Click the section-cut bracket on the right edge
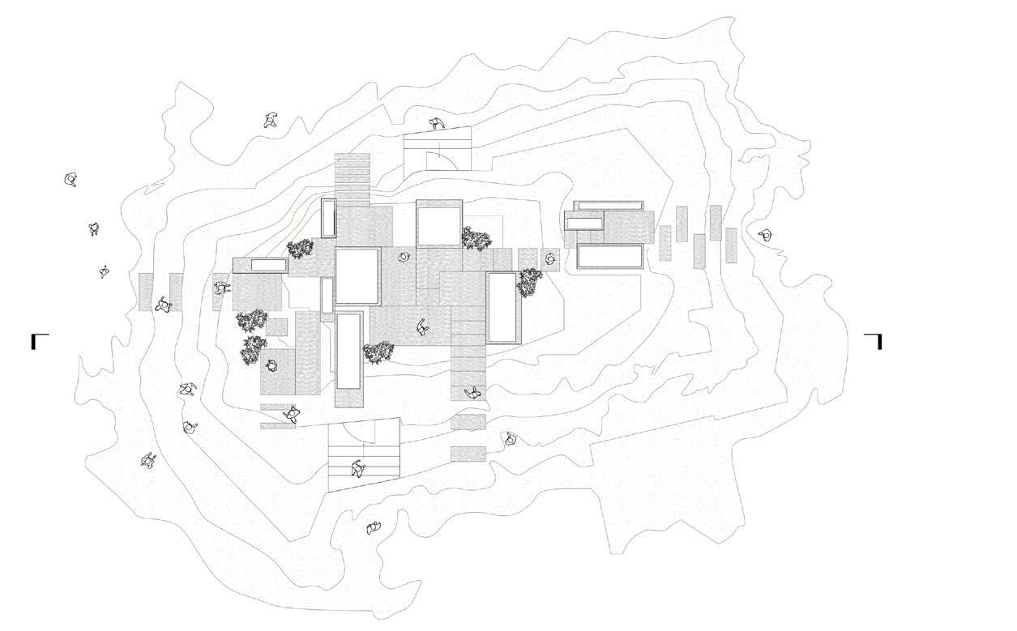point(874,340)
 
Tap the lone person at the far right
point(764,236)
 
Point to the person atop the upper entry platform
point(438,123)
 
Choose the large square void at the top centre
point(438,224)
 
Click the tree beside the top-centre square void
point(476,238)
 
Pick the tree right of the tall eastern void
point(530,280)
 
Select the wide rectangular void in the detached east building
point(610,256)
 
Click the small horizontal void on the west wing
point(268,265)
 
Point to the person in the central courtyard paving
point(422,328)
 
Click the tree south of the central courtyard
point(378,352)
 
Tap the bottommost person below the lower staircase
point(374,528)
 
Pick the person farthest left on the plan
point(72,180)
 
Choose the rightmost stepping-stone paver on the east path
point(731,245)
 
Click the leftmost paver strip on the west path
point(146,292)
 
